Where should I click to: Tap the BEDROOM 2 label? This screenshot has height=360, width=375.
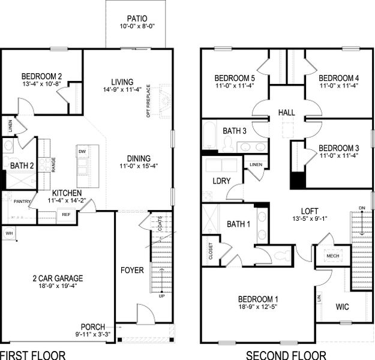[41, 76]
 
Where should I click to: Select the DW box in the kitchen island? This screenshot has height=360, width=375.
[82, 152]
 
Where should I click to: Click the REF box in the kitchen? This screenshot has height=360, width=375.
[65, 214]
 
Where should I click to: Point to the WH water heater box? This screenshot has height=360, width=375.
[9, 232]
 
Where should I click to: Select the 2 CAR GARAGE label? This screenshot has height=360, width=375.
[58, 278]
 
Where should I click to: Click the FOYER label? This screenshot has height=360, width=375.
[132, 271]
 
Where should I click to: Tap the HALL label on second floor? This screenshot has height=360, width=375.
[286, 113]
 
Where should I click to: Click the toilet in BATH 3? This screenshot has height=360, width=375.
[227, 144]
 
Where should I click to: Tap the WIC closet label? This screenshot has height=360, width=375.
[343, 307]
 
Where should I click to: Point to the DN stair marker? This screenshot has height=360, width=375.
[361, 208]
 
